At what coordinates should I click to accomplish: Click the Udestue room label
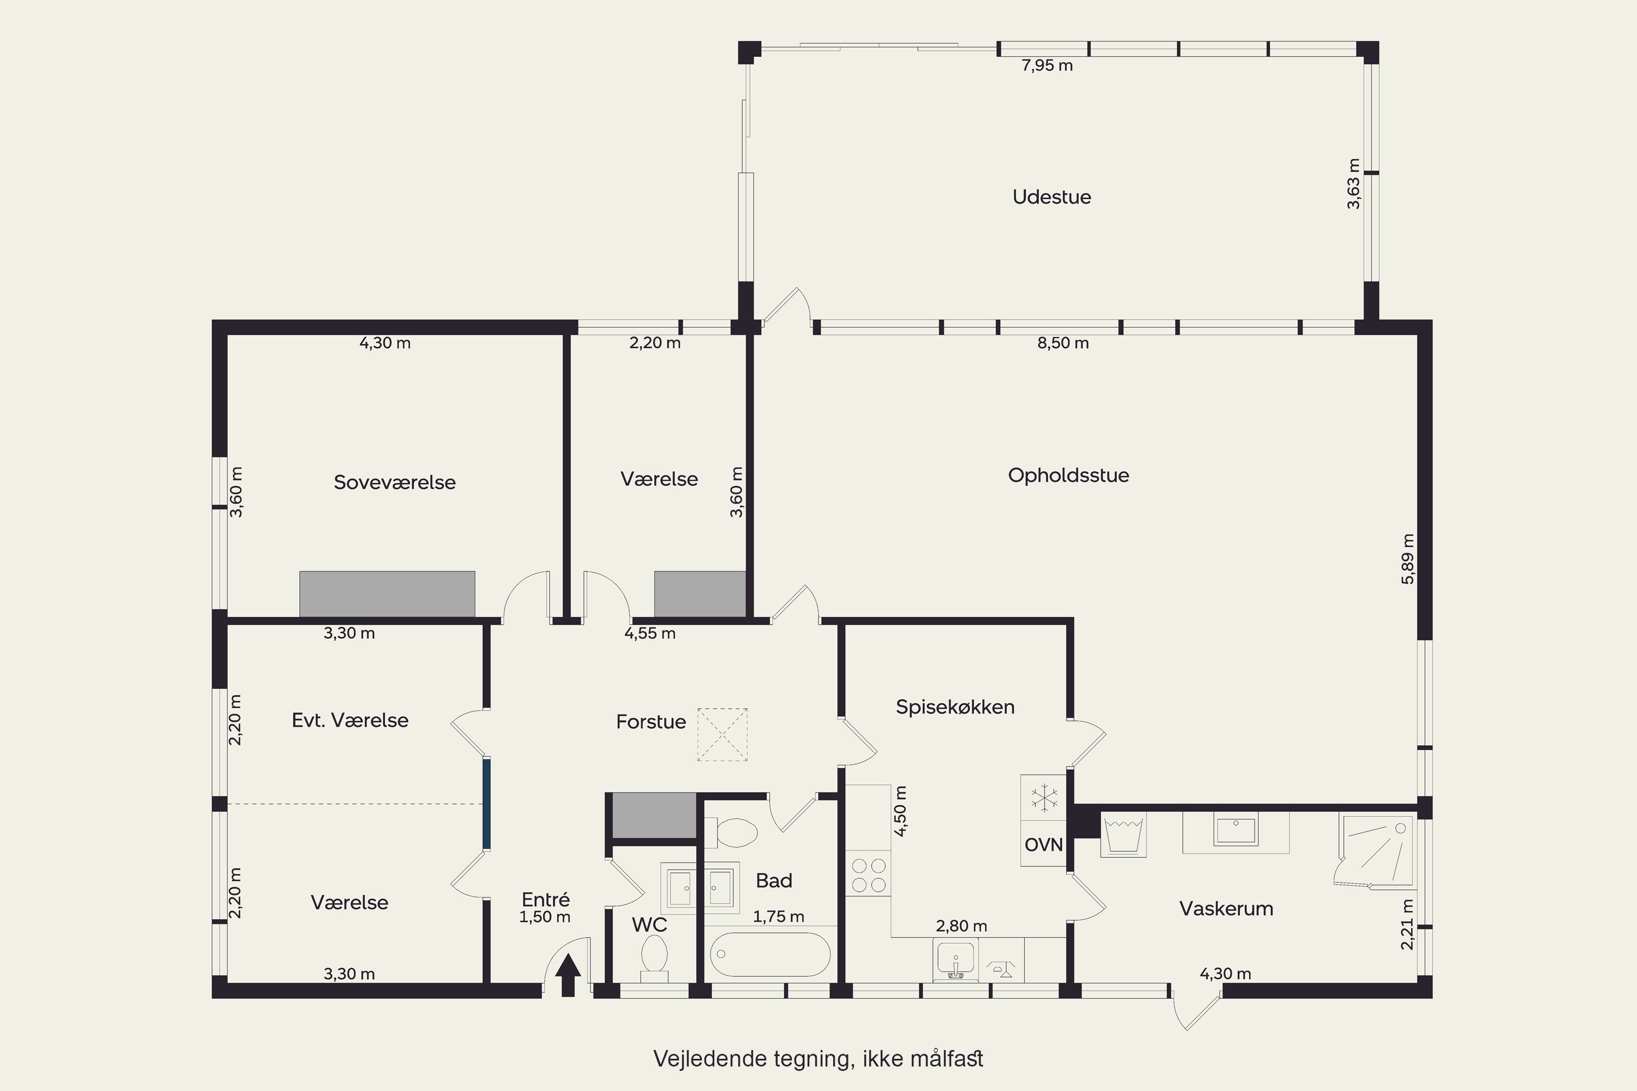click(x=1051, y=197)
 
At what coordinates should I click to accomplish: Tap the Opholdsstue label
click(x=1068, y=475)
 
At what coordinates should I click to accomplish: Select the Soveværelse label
click(x=395, y=482)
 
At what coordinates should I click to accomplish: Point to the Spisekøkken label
click(x=955, y=707)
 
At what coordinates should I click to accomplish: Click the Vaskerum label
click(x=1226, y=908)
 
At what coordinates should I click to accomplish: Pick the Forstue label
click(x=651, y=722)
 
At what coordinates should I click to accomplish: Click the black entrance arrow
click(x=568, y=975)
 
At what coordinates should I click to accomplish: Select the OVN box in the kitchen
click(x=1043, y=844)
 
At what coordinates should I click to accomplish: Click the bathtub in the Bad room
click(x=770, y=955)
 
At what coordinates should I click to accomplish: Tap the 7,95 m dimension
click(x=1047, y=65)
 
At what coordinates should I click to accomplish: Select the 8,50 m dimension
click(x=1063, y=343)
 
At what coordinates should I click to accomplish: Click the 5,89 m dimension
click(x=1407, y=559)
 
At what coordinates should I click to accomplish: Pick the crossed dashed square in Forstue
click(x=722, y=735)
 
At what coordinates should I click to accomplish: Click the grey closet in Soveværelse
click(x=387, y=594)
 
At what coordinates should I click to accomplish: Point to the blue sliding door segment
click(x=487, y=804)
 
